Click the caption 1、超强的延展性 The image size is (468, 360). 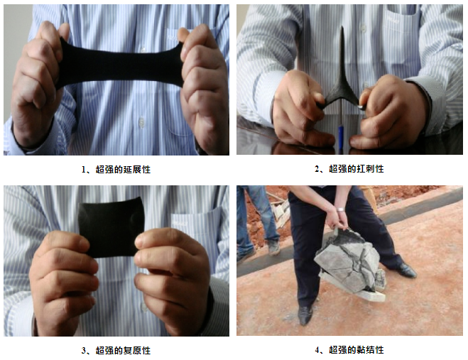click(116, 170)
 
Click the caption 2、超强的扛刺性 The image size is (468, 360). click(349, 169)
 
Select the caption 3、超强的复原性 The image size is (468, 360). click(116, 350)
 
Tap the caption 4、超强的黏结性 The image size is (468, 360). click(349, 349)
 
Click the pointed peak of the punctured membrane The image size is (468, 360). click(342, 27)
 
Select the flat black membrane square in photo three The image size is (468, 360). click(111, 227)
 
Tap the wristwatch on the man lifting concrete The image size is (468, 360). click(340, 209)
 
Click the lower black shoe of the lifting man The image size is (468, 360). click(305, 315)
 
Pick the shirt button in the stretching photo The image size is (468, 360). click(141, 122)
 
